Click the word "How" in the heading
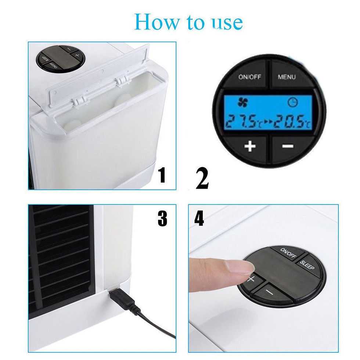[157, 22]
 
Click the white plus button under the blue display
[250, 146]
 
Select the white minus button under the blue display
[287, 146]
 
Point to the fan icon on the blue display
[242, 102]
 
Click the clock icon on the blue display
[292, 102]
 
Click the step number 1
[162, 175]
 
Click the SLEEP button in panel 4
[307, 267]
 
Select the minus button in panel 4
[269, 292]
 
